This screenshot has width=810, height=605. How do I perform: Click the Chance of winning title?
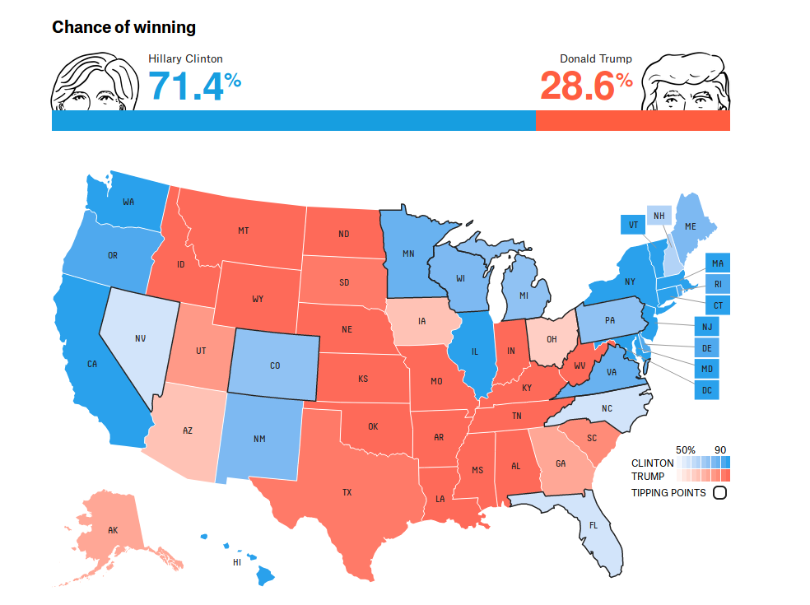click(x=123, y=27)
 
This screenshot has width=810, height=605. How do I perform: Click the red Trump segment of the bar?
click(x=632, y=120)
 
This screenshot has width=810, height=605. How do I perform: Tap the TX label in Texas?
click(x=347, y=492)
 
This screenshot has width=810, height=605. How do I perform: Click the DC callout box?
click(x=706, y=389)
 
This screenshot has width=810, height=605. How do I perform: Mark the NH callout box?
click(x=658, y=216)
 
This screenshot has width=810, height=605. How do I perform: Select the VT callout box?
click(x=633, y=225)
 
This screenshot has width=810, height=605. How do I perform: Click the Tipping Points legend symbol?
click(x=719, y=493)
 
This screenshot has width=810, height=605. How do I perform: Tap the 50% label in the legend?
click(x=686, y=449)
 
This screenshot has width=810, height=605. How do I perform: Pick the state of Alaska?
click(x=111, y=529)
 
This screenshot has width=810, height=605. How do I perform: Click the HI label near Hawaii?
click(x=236, y=562)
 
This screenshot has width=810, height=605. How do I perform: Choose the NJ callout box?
click(x=706, y=328)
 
